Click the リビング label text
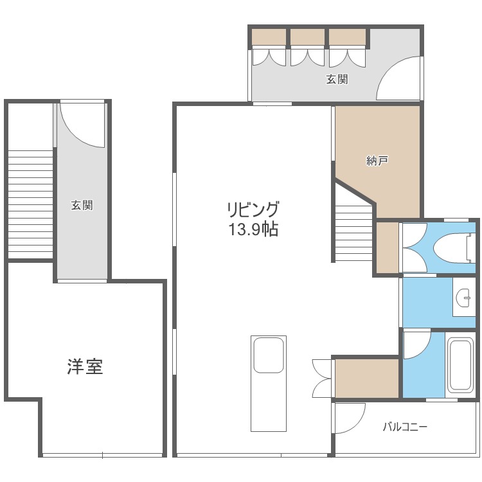tap(252, 210)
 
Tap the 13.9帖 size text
tap(252, 229)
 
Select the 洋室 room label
tap(85, 367)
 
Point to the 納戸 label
tap(377, 162)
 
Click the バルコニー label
tap(405, 426)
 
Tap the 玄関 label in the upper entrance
tap(337, 80)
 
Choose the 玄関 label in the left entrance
tap(82, 206)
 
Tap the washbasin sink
tap(463, 296)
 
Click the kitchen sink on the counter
tap(268, 355)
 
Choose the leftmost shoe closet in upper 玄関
tap(269, 47)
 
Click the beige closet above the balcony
tap(367, 378)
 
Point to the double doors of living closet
tap(321, 379)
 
